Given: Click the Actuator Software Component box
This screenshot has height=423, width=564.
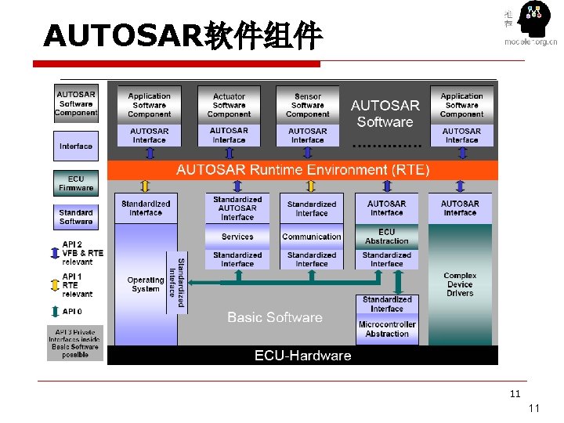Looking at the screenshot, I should click(229, 106).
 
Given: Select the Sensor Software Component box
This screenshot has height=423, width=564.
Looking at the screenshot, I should click(308, 106).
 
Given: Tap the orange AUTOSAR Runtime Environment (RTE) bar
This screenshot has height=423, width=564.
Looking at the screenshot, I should click(302, 169).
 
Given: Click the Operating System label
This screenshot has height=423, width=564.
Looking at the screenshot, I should click(146, 284).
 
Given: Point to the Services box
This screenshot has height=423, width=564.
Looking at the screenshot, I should click(237, 237).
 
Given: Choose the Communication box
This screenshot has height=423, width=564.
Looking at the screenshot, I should click(312, 237).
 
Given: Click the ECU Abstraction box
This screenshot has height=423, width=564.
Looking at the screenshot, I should click(387, 237).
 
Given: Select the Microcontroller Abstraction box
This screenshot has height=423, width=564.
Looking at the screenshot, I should click(387, 329).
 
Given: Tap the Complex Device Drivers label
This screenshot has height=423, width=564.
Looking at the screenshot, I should click(460, 284).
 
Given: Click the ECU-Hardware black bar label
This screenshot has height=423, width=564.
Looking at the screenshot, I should click(302, 356).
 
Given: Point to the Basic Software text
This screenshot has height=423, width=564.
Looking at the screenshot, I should click(275, 317).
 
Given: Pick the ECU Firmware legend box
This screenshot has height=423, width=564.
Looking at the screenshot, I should click(76, 183).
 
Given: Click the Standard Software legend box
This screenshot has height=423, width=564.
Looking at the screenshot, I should click(76, 217).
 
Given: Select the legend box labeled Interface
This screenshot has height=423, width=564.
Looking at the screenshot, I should click(76, 146).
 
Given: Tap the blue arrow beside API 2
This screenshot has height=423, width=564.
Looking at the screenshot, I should click(54, 253).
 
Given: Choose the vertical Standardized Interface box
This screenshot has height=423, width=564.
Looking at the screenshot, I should click(177, 282).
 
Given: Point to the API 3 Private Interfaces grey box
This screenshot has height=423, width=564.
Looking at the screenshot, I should click(75, 343).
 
